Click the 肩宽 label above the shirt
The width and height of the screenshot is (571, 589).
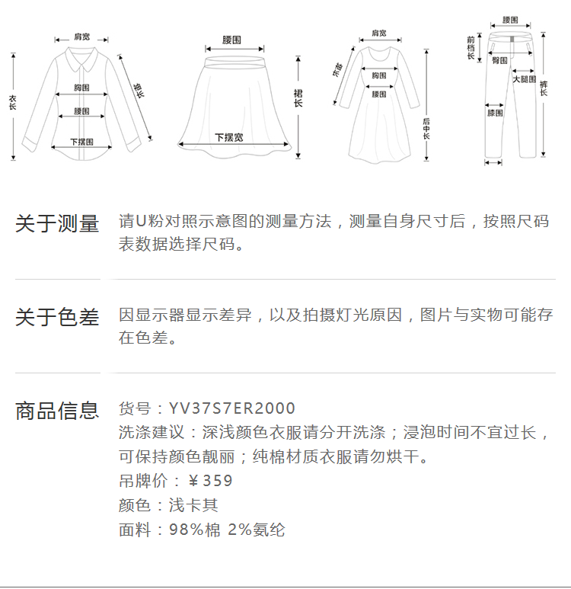point(81,37)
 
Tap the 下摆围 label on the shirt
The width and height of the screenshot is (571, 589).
point(81,142)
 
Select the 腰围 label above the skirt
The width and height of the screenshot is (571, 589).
point(232,39)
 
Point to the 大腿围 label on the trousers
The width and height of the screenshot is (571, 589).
point(524,79)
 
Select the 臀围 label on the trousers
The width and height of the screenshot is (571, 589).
point(499,59)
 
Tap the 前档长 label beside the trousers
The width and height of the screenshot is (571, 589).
point(471,47)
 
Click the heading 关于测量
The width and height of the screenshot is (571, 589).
point(57,224)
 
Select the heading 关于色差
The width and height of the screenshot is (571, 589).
point(57,318)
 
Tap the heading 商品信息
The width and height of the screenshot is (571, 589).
point(57,411)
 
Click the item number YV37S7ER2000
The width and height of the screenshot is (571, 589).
point(232,408)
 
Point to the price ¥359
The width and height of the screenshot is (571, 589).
point(210,481)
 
